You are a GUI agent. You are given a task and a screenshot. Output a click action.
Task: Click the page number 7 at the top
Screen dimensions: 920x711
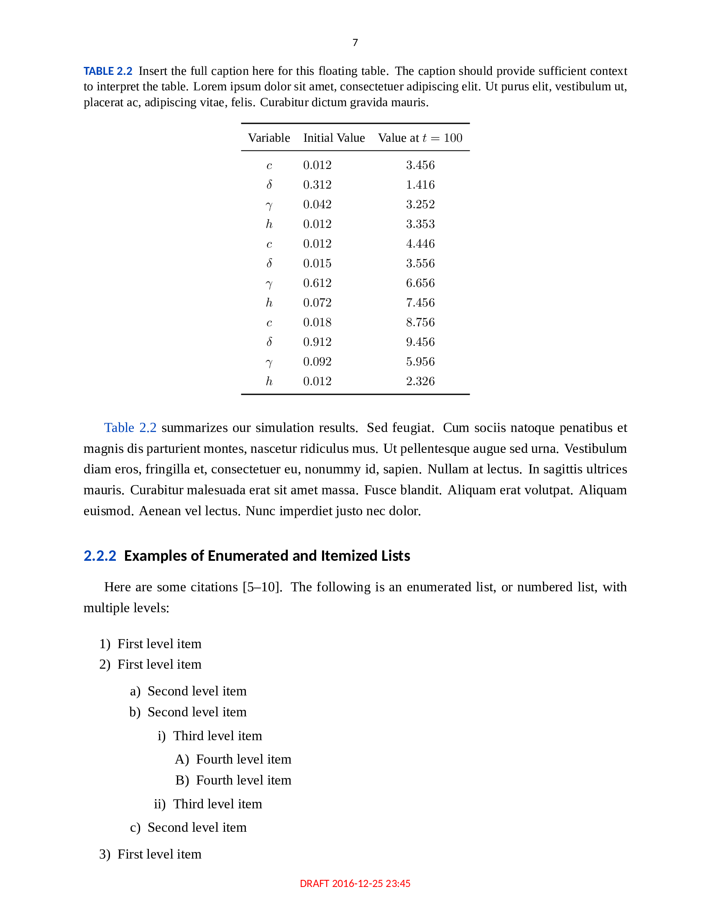355,43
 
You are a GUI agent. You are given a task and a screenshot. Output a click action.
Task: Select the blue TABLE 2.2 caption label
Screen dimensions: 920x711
108,71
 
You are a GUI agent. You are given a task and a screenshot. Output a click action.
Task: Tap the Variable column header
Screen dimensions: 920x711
269,138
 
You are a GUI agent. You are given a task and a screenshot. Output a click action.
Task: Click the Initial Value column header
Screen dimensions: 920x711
334,138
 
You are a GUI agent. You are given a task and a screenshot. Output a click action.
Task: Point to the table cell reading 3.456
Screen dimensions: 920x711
420,165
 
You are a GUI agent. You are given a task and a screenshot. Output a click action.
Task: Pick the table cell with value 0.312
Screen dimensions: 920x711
317,184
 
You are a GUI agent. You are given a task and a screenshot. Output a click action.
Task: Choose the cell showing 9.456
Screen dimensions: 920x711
420,342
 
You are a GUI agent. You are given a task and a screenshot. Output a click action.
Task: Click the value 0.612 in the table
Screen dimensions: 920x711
317,283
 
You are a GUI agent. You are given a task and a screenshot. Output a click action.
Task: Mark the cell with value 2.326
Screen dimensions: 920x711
420,381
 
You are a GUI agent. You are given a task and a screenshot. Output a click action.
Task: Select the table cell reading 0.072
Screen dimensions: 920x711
317,302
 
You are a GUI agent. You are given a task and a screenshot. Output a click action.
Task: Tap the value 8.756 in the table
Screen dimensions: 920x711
420,322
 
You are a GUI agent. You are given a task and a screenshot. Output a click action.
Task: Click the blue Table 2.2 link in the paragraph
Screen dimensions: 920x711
130,427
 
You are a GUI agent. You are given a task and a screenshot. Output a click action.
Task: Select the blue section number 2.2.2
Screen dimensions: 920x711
100,556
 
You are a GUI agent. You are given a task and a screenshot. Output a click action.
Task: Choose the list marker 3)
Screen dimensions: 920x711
105,854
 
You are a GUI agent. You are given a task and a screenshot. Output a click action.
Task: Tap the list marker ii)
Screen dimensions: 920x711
160,804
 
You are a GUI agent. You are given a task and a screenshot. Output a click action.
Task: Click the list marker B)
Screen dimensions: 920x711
182,780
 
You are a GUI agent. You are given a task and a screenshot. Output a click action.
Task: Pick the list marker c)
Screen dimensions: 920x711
135,827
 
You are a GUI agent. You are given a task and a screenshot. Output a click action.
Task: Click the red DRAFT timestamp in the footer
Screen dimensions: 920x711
355,883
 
